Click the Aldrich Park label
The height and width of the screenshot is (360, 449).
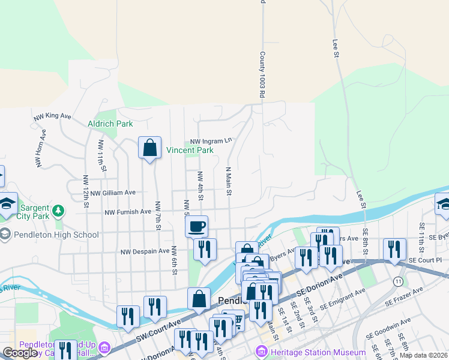pos(110,124)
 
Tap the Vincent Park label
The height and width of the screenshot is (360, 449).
pos(190,150)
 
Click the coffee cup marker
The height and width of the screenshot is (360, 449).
pos(197,227)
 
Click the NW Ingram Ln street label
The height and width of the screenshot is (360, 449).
pos(211,142)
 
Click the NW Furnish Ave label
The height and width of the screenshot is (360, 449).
pos(128,212)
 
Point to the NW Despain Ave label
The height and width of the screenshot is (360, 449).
pos(145,252)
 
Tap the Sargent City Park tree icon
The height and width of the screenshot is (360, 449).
pos(58,210)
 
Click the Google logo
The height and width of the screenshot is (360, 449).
pos(20,353)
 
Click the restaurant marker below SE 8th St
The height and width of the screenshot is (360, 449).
pos(394,250)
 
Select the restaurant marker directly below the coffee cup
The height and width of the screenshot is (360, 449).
pos(205,249)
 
